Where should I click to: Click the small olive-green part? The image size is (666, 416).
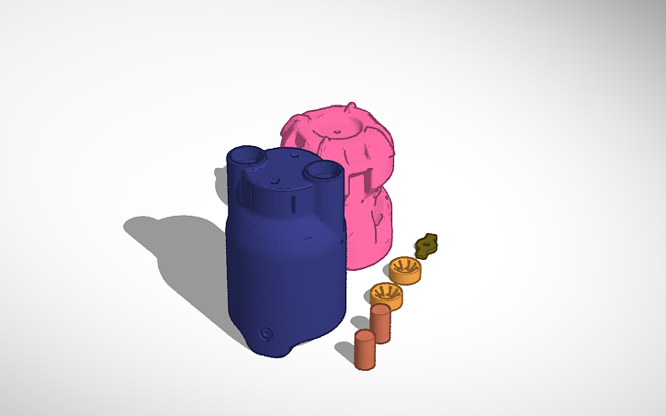(428, 245)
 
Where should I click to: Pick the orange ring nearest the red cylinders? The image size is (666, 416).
(387, 296)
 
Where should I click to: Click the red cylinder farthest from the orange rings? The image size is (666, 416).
(365, 351)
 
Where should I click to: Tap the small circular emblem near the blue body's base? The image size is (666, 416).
(267, 333)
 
